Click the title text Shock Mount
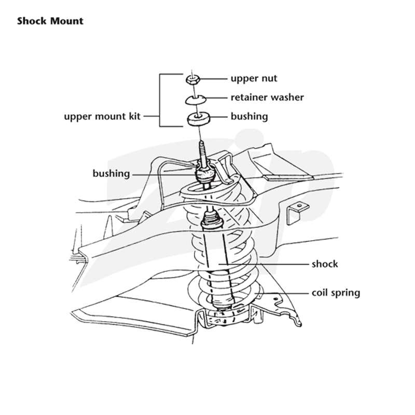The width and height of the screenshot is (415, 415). pos(50,21)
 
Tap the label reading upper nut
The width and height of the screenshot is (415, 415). pos(254,79)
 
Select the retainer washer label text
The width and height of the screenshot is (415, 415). pos(267,98)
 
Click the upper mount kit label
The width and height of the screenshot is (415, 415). pos(102,116)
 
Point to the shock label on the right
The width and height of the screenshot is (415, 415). pos(325,264)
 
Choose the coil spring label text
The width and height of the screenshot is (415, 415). pos(336,293)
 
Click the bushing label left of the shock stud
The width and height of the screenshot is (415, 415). pos(111,174)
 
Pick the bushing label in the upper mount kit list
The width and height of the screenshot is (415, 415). pos(250,116)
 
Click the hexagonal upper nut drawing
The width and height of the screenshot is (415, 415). pos(192,79)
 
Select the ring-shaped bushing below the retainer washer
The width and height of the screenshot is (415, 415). pos(198,119)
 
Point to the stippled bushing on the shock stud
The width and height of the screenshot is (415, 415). pos(204,175)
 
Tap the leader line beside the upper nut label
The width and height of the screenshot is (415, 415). pos(214,79)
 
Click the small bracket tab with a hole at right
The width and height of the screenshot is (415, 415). pos(297,212)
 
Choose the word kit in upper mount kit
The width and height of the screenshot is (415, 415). pos(134,116)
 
